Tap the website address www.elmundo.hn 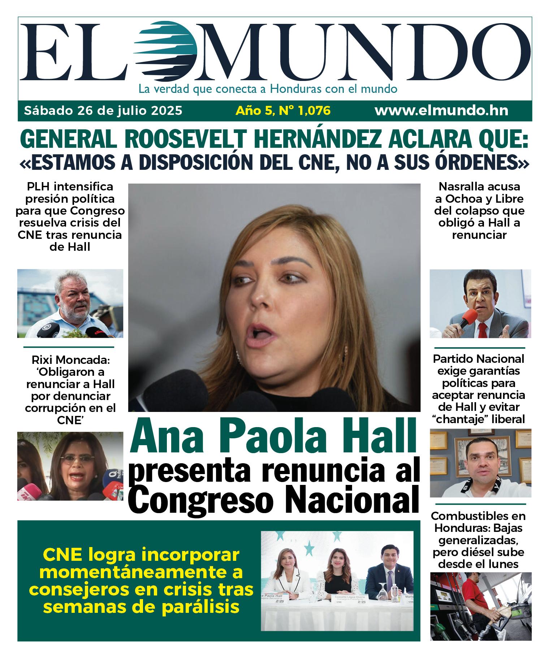441,111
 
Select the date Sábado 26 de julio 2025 103,111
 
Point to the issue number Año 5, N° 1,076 283,111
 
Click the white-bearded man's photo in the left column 70,303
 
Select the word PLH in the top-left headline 39,187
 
